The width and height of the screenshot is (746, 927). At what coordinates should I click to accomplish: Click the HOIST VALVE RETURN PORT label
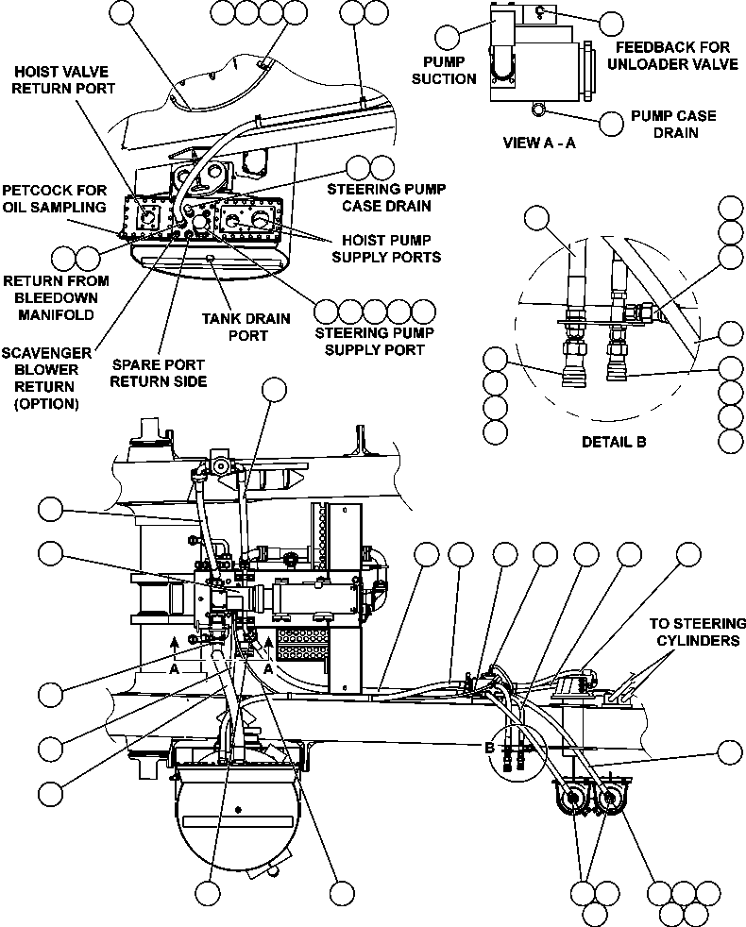(64, 79)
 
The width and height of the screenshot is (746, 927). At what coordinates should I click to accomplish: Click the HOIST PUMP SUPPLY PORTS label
(391, 247)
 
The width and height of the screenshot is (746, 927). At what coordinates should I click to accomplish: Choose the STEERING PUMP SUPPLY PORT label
(369, 341)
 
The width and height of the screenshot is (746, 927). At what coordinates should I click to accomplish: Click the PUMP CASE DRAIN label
(673, 124)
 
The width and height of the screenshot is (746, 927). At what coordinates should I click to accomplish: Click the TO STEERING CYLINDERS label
(697, 632)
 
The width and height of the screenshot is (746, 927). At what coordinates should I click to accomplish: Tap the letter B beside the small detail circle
(489, 748)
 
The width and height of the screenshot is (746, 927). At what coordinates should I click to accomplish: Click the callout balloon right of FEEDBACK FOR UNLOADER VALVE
(612, 24)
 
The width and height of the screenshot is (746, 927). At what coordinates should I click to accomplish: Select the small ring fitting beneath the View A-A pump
(538, 110)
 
